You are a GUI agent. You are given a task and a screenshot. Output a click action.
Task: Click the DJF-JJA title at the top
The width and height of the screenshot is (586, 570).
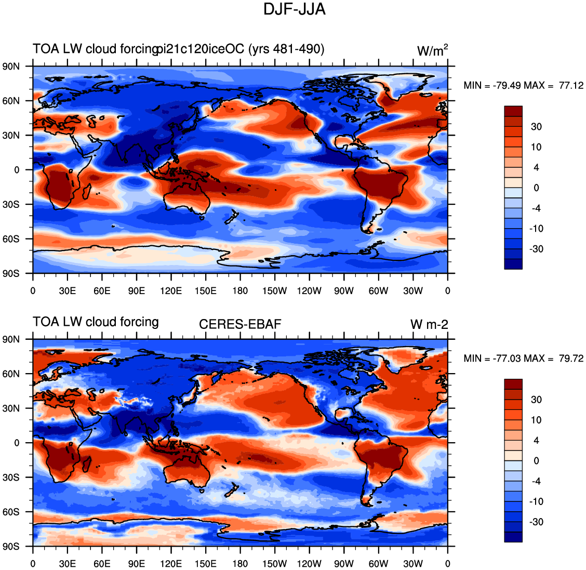tap(295, 9)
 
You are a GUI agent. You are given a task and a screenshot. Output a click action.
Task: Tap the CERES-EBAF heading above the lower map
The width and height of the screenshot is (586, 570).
tap(240, 324)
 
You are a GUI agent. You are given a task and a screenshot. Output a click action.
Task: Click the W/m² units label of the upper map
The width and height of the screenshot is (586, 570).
tap(432, 50)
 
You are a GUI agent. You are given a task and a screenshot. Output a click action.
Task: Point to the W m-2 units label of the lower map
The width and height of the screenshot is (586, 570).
tap(429, 324)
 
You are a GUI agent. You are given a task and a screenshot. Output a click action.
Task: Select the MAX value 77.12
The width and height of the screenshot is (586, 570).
tap(571, 86)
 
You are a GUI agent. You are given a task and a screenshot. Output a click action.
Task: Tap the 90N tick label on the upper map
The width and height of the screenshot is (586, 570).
tap(11, 67)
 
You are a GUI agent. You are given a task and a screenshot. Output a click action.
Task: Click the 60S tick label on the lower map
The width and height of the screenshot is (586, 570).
tap(11, 512)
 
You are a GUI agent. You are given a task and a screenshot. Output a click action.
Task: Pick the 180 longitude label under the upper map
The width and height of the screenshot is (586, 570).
tap(240, 291)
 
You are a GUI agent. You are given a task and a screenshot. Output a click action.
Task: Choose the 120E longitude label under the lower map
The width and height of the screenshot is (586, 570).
tap(171, 564)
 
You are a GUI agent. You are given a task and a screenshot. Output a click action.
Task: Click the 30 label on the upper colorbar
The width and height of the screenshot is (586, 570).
tap(536, 127)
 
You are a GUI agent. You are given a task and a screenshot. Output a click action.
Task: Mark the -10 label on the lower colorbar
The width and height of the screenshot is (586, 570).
tap(536, 501)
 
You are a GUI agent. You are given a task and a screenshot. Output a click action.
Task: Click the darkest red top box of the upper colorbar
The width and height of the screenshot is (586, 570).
tap(513, 111)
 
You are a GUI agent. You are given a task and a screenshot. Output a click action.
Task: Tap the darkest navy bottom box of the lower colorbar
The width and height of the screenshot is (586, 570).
tap(513, 537)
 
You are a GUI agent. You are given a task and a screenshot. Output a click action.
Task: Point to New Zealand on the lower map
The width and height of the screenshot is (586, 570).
tap(232, 491)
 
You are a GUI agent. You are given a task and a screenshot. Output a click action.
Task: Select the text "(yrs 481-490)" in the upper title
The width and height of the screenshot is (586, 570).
tap(286, 49)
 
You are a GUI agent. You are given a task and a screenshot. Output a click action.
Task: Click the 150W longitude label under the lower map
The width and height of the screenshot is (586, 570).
tap(274, 564)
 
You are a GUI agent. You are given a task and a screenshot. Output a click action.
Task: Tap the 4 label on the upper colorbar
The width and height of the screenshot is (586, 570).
tap(536, 167)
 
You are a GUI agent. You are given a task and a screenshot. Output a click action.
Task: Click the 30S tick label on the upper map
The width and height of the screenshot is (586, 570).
tap(11, 204)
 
